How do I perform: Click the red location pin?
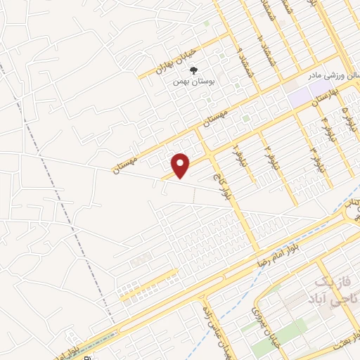point(181,165)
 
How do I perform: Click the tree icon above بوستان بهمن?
point(194,70)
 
